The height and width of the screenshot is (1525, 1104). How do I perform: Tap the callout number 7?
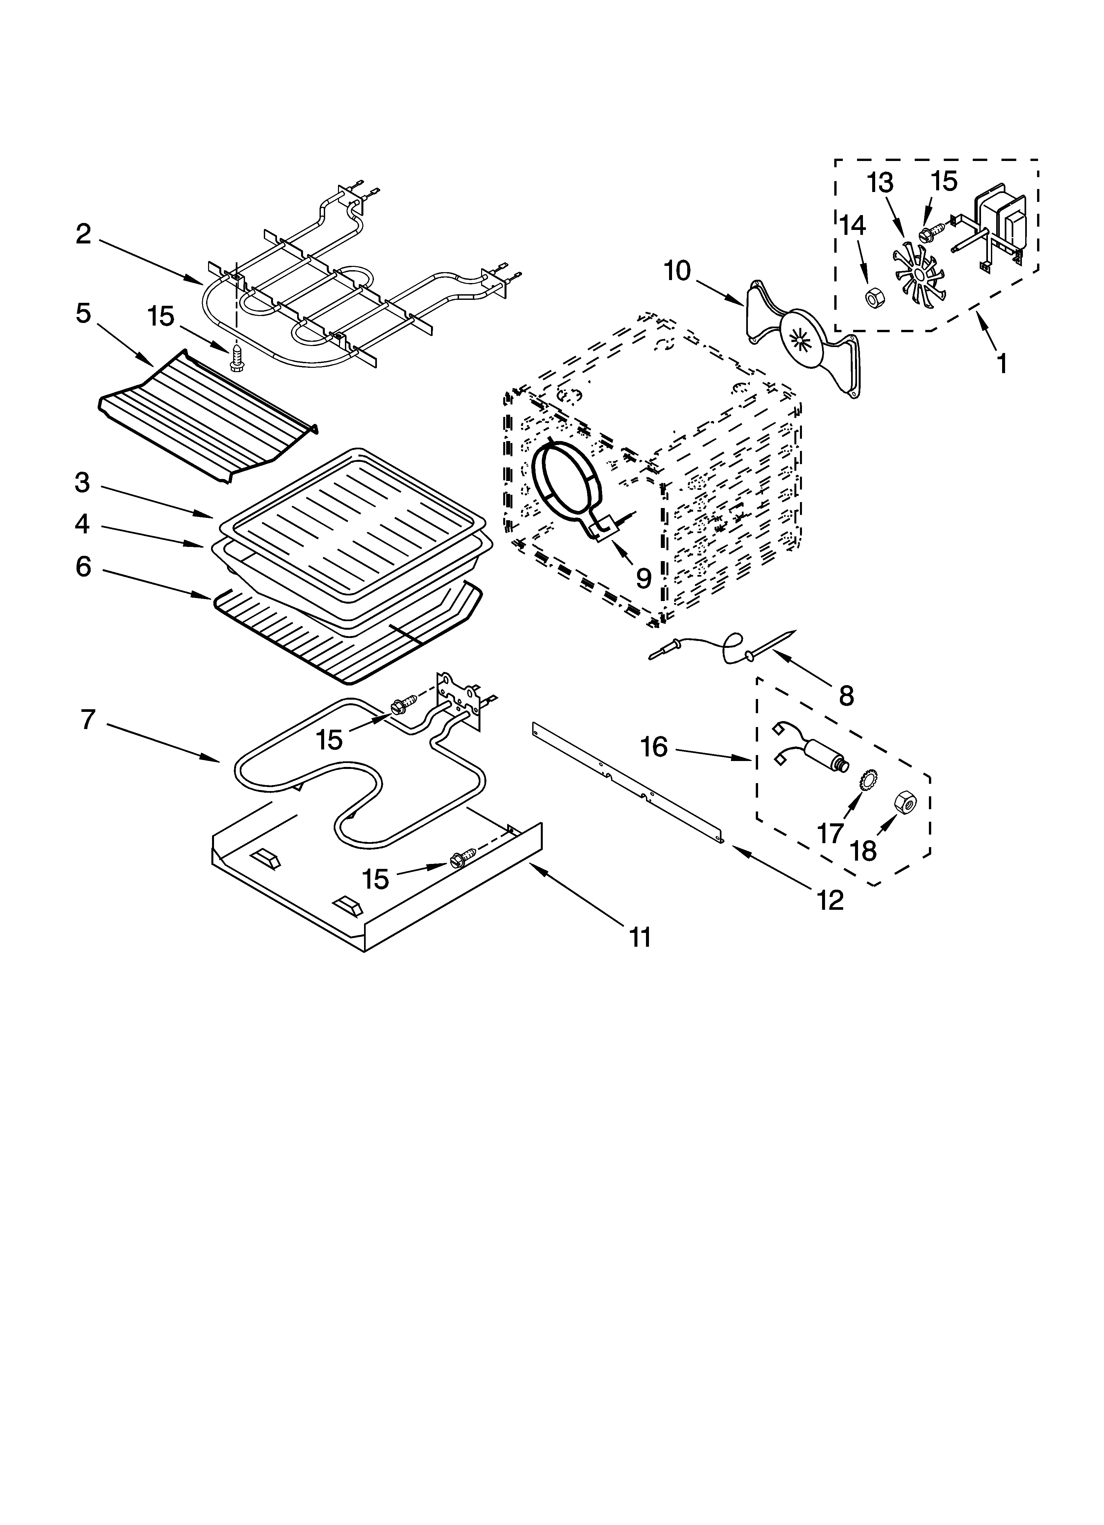click(x=88, y=719)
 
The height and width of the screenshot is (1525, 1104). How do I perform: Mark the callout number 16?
click(x=654, y=747)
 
